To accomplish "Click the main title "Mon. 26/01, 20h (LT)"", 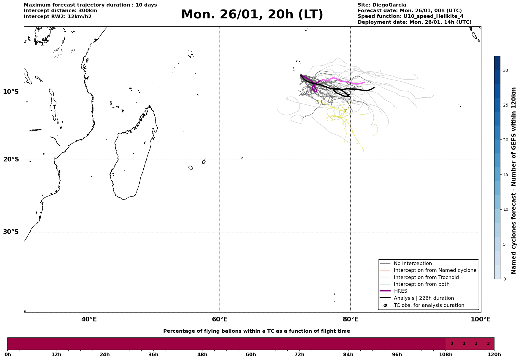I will point(252,15).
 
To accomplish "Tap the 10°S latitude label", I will point(11,92).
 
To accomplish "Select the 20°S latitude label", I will point(11,160).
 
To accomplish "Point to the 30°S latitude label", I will point(11,232).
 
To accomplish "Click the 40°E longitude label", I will point(89,319).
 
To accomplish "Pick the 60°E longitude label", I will point(220,319).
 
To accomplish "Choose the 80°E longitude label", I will point(351,319).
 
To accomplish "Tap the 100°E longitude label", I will point(481,319).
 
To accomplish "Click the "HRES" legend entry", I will point(400,291).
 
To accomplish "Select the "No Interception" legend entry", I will point(413,264).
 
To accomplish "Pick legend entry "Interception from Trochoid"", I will point(426,277).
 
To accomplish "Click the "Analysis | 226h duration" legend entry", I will point(424,298).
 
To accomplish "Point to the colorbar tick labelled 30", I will point(505,70).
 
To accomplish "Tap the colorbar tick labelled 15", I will point(505,175).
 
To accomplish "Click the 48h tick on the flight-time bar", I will point(202,355).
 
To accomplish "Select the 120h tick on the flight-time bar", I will point(494,355).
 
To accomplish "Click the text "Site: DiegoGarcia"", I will point(382,5).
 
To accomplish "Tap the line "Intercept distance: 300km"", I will point(60,11).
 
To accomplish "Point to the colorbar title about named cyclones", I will point(514,180).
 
